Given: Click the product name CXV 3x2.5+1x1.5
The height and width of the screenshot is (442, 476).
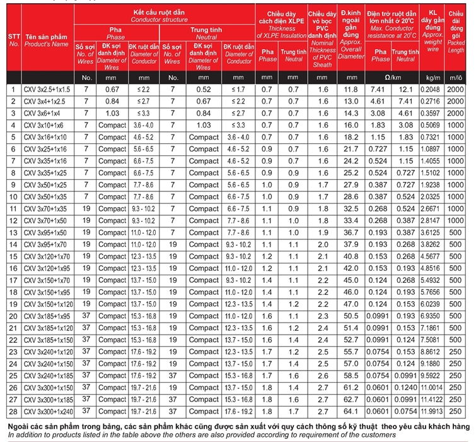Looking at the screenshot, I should [47, 90].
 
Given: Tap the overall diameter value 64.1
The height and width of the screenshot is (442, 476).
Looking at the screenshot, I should [351, 411].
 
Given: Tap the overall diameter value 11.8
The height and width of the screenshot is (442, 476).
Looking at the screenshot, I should [351, 90].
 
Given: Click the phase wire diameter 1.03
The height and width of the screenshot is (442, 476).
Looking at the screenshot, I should [112, 113].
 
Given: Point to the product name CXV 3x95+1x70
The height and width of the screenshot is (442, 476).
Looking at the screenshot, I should [47, 244].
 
